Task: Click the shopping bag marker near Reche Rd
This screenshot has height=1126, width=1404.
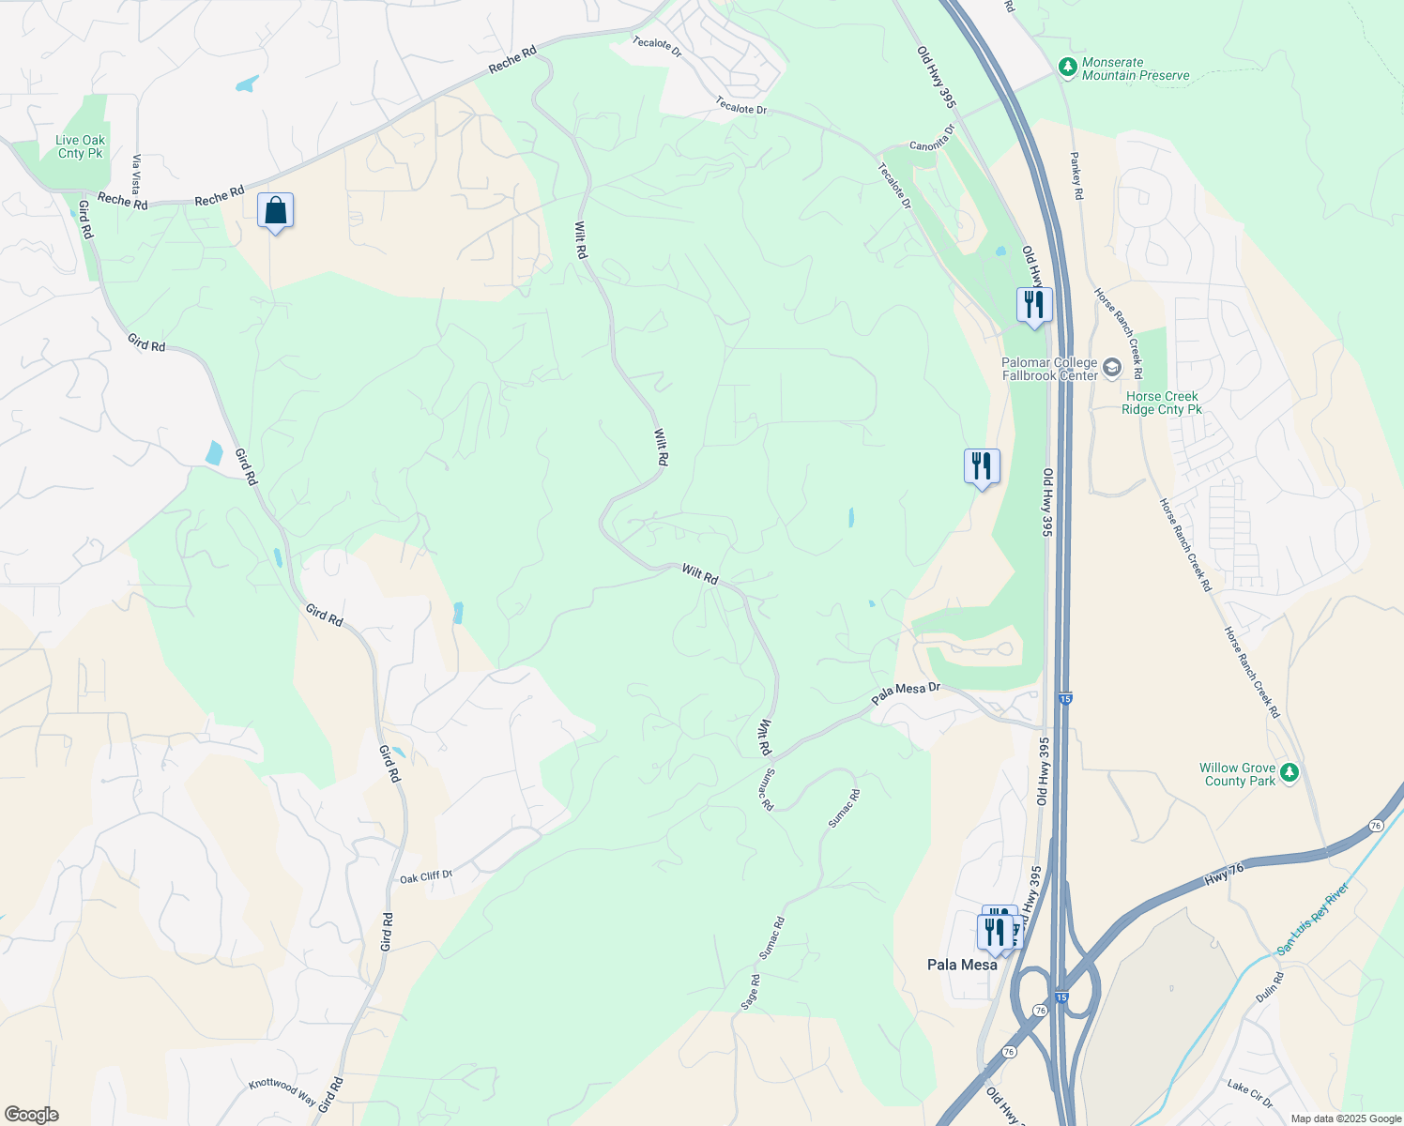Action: pos(275,211)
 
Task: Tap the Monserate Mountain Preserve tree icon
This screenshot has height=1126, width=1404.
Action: pos(1066,68)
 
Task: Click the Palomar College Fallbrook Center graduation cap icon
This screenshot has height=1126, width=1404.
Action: pos(1112,367)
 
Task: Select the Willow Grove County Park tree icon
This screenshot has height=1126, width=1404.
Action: pos(1290,772)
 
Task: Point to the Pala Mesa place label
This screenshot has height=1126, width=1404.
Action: pos(962,965)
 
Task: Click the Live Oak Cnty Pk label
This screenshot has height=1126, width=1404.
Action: pos(81,147)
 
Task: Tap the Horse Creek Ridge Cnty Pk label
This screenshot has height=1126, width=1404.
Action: pos(1162,403)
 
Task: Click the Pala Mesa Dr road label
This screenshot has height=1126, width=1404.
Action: pos(906,693)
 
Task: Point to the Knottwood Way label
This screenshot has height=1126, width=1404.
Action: pos(282,1090)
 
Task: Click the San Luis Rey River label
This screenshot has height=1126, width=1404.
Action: pos(1314,919)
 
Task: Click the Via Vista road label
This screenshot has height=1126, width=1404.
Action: pos(137,174)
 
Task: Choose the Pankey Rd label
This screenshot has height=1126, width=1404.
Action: pos(1076,175)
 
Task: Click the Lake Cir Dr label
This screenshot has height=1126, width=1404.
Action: pos(1249,1093)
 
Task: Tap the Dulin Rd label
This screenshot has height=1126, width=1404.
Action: pos(1270,986)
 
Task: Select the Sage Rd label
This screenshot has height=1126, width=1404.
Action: pos(750,992)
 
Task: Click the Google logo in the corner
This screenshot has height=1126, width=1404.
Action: pos(30,1115)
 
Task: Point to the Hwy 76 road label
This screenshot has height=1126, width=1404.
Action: pos(1224,875)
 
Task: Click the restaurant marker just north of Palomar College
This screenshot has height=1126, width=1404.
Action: pos(1033,305)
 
